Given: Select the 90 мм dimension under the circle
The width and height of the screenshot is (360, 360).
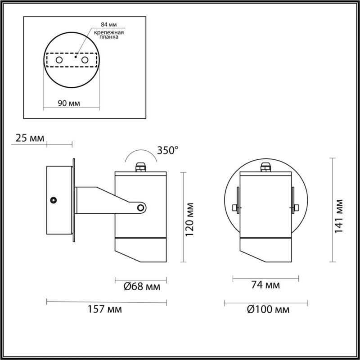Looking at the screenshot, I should point(70,103).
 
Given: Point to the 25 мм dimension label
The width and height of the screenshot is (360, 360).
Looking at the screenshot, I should point(30,138).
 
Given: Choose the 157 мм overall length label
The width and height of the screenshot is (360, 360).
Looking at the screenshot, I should point(107,309).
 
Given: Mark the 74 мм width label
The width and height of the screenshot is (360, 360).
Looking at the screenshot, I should point(265,285).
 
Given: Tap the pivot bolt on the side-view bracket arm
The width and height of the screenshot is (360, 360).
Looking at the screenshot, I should point(141,207).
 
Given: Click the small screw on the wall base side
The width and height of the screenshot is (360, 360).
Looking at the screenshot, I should point(54,199).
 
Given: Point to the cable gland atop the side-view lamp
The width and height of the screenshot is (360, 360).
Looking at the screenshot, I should point(140,167).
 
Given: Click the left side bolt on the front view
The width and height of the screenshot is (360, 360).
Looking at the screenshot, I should point(235,208).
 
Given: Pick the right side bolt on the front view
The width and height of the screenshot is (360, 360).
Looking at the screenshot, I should point(296,208).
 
